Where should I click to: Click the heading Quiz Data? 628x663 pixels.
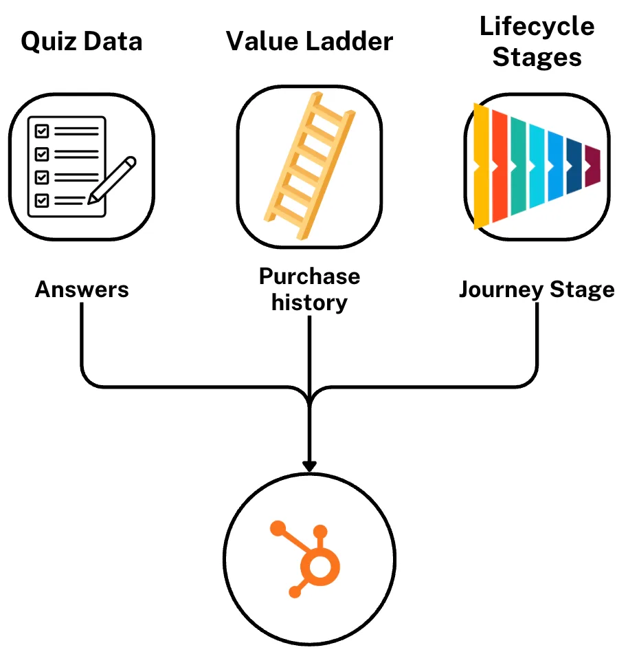[82, 42]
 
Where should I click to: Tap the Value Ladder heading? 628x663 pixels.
[309, 42]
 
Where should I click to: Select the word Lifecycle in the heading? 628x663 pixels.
[537, 27]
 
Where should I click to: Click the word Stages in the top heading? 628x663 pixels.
[537, 57]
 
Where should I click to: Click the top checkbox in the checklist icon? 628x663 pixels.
[42, 130]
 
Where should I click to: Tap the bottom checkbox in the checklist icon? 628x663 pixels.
[42, 200]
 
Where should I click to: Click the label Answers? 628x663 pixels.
[82, 290]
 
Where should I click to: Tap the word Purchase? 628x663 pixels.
[309, 276]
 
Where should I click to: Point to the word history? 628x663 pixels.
[309, 303]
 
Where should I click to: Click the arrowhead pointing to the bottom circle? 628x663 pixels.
[309, 466]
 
